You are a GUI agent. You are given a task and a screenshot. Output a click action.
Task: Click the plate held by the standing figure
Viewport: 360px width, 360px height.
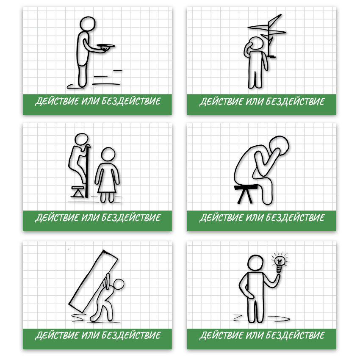point(105,46)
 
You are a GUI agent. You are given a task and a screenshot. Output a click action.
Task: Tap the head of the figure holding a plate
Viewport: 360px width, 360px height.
point(88,24)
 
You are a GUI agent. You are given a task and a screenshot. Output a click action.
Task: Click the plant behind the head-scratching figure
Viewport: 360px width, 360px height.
point(269,34)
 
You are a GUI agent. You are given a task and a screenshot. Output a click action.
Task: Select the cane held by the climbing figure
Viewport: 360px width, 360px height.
point(87,171)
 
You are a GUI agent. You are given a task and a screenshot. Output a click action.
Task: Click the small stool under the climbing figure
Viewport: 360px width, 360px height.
point(78,192)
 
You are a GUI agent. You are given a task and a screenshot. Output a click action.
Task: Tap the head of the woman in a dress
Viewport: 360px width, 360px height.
point(108,154)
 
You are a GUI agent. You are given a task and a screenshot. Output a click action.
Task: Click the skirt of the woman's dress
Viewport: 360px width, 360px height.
point(107,185)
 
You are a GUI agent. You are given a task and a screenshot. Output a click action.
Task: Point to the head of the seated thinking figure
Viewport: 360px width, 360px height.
point(279,146)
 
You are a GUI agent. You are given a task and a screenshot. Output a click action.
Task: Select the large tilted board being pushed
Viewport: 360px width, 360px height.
point(94,281)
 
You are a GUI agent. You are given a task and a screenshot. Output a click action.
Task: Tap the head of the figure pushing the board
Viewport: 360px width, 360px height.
point(119,285)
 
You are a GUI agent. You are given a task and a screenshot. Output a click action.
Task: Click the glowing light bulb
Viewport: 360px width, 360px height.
point(280,262)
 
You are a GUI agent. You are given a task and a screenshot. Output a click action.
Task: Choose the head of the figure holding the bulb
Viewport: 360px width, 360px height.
point(255,263)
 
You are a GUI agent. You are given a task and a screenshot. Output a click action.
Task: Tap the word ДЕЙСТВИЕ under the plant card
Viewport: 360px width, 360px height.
point(221,102)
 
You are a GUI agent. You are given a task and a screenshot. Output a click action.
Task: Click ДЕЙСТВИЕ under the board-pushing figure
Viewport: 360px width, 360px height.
point(57,335)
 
